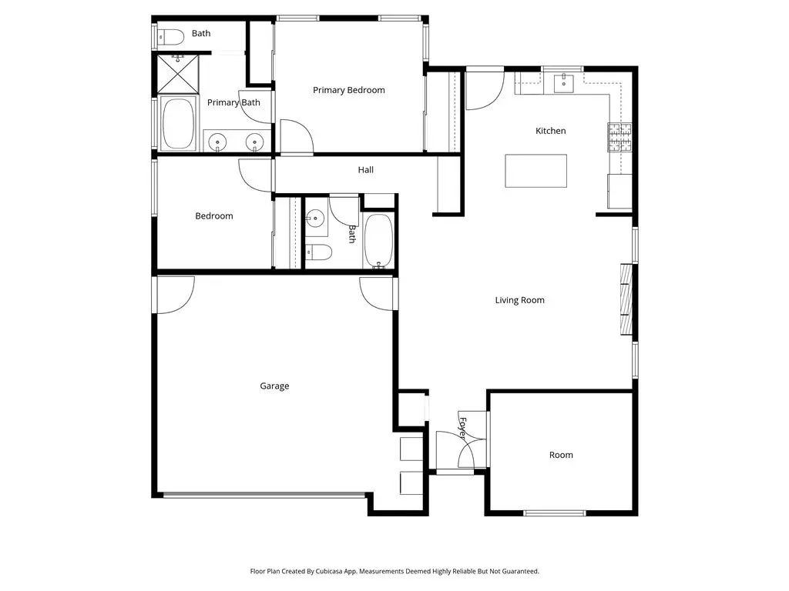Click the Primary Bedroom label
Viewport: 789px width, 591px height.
pyautogui.click(x=349, y=91)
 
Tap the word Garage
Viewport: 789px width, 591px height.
pyautogui.click(x=274, y=386)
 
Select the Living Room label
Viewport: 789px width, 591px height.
pyautogui.click(x=520, y=301)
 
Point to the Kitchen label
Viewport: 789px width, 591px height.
pyautogui.click(x=550, y=131)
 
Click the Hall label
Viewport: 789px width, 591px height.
pyautogui.click(x=366, y=170)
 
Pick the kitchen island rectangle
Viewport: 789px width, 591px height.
pyautogui.click(x=536, y=171)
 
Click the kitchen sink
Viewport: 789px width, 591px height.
pyautogui.click(x=563, y=83)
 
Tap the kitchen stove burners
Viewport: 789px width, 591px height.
pyautogui.click(x=619, y=137)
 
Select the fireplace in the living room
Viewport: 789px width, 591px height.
pyautogui.click(x=626, y=299)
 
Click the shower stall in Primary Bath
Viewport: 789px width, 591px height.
pyautogui.click(x=178, y=75)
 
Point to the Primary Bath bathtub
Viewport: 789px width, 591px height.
pyautogui.click(x=178, y=124)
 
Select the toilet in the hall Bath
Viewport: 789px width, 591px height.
pyautogui.click(x=318, y=252)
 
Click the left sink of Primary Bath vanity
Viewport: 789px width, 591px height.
pyautogui.click(x=217, y=142)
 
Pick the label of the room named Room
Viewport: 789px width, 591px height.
pyautogui.click(x=561, y=455)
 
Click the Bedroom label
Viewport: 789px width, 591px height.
pyautogui.click(x=214, y=216)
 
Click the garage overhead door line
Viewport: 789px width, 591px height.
pyautogui.click(x=264, y=496)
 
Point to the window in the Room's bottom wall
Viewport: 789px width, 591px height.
pyautogui.click(x=555, y=513)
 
